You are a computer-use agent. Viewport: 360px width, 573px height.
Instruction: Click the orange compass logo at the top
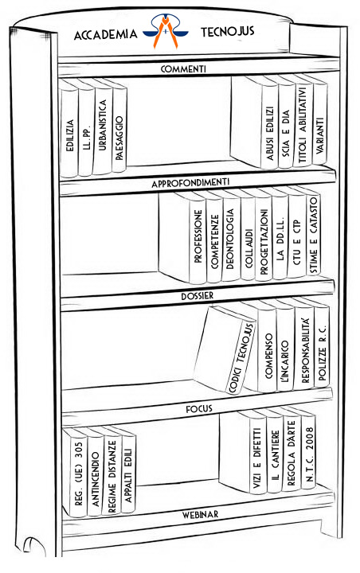pyautogui.click(x=166, y=31)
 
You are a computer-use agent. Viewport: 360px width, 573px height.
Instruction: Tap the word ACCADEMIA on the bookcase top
pyautogui.click(x=105, y=34)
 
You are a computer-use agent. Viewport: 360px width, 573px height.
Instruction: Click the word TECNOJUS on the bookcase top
pyautogui.click(x=227, y=31)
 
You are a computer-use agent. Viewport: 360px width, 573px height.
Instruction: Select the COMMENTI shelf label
pyautogui.click(x=183, y=68)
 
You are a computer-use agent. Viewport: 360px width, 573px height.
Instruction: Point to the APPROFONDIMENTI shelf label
pyautogui.click(x=190, y=182)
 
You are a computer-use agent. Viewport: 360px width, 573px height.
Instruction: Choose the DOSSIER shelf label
pyautogui.click(x=197, y=295)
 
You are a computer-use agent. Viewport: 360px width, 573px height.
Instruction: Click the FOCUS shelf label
pyautogui.click(x=198, y=408)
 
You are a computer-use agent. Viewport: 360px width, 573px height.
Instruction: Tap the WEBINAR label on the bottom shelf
pyautogui.click(x=200, y=515)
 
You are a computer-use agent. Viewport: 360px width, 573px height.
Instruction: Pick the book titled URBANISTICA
pyautogui.click(x=102, y=126)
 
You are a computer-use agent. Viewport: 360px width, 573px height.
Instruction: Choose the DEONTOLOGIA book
pyautogui.click(x=230, y=236)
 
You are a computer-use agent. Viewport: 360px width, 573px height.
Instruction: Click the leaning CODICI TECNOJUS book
pyautogui.click(x=225, y=349)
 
